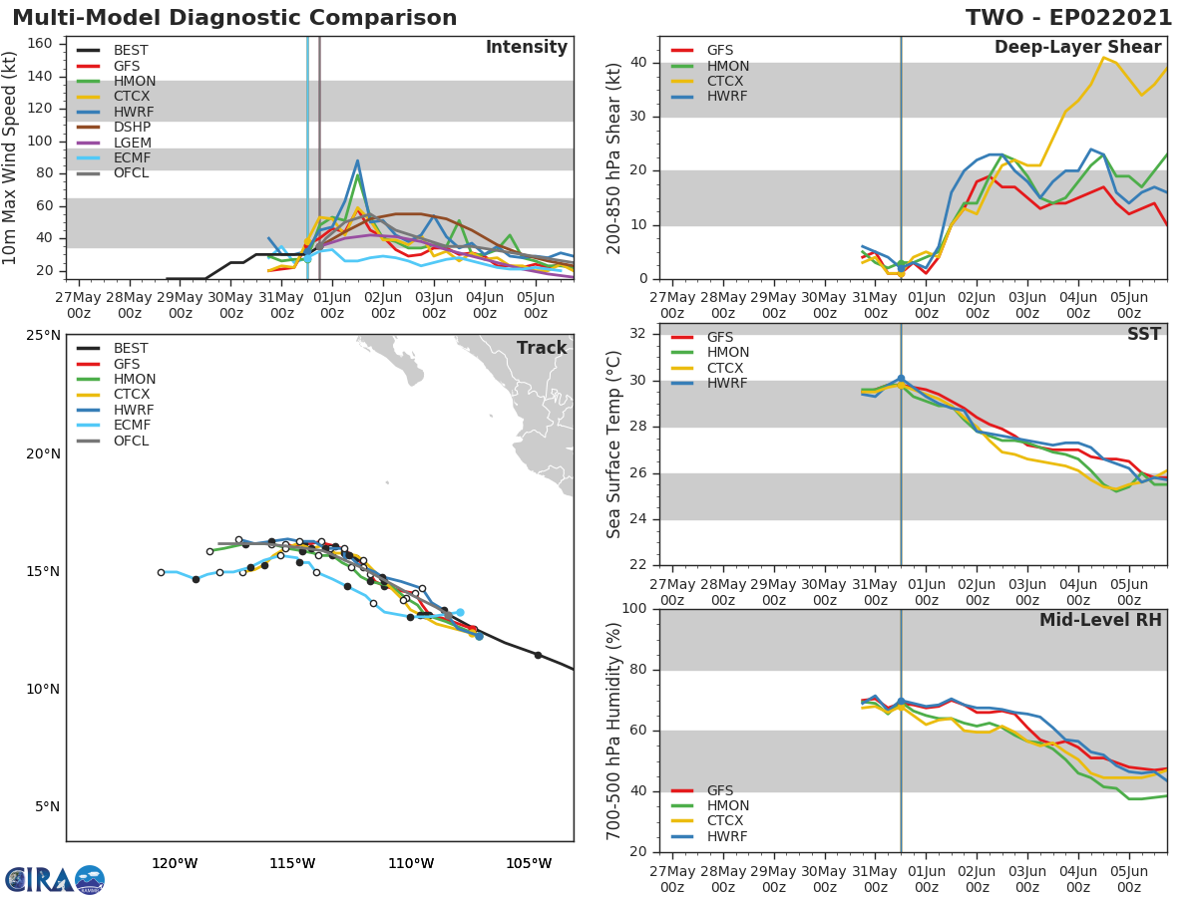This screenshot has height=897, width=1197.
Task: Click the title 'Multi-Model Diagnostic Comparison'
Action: pyautogui.click(x=234, y=18)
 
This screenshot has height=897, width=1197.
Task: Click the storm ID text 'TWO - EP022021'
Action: pyautogui.click(x=1071, y=18)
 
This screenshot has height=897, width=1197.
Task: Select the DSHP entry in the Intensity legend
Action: pyautogui.click(x=132, y=128)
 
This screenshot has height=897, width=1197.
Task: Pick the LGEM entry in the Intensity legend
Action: pyautogui.click(x=132, y=143)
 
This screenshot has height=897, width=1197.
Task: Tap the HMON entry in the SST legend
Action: pyautogui.click(x=727, y=353)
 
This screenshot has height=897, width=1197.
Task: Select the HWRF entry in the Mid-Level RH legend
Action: pyautogui.click(x=726, y=837)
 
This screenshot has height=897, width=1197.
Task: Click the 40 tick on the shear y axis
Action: pyautogui.click(x=639, y=63)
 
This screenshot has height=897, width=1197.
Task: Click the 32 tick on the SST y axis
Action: pyautogui.click(x=639, y=334)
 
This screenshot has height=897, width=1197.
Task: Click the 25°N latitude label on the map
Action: pyautogui.click(x=43, y=335)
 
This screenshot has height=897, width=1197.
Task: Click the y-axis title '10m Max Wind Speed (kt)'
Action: pyautogui.click(x=11, y=157)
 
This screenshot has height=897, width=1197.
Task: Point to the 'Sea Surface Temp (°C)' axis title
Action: pyautogui.click(x=614, y=444)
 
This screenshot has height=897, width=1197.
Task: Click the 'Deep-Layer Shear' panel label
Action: pyautogui.click(x=1077, y=48)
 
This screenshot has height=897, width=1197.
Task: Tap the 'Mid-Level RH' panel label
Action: pyautogui.click(x=1100, y=620)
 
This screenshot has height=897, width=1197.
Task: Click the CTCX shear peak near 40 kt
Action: pyautogui.click(x=1103, y=58)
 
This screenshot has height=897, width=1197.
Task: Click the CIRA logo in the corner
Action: pyautogui.click(x=55, y=879)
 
